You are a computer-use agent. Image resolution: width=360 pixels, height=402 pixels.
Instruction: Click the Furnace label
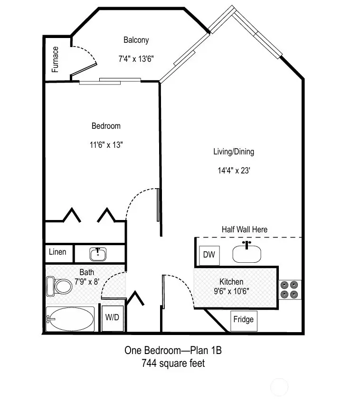click(56, 59)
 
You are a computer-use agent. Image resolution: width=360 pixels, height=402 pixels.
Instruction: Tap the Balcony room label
click(136, 40)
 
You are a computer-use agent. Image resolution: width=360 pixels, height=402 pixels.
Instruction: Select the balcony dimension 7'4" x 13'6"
click(136, 59)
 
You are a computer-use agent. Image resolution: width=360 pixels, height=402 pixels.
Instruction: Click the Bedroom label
click(106, 126)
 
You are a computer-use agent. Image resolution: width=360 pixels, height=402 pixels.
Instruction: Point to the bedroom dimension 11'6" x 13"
click(106, 145)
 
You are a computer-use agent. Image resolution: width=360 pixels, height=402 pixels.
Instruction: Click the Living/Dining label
click(233, 152)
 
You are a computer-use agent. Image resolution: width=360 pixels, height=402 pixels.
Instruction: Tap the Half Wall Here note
click(244, 230)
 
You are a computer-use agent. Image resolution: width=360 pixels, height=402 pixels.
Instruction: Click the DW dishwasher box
click(209, 255)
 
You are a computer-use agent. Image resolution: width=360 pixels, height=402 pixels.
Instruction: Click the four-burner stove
click(290, 289)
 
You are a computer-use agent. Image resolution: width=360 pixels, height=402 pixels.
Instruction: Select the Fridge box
click(243, 319)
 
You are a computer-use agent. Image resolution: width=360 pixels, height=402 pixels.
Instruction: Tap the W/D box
click(112, 317)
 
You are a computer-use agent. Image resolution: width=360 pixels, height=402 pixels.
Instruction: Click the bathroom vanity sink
click(98, 254)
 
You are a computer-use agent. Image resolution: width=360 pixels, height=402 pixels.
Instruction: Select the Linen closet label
click(58, 252)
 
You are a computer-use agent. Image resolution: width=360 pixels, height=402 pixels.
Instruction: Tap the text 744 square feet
click(173, 364)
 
